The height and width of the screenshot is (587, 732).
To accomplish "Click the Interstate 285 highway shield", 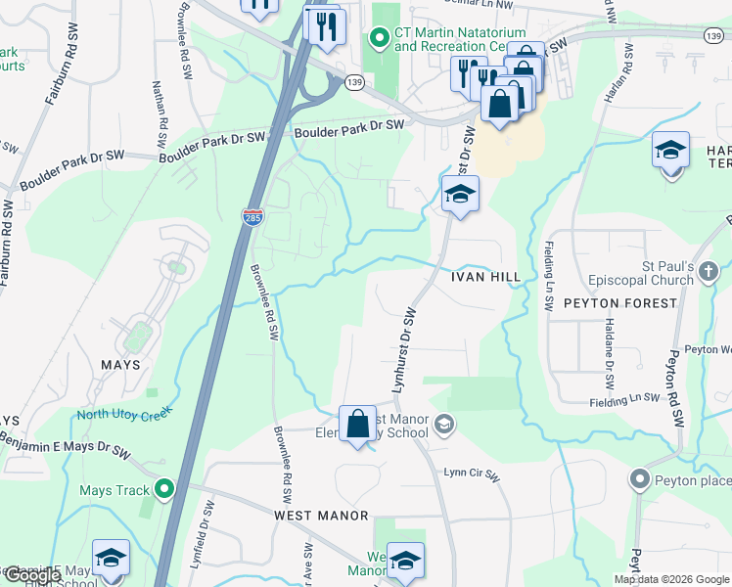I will tap(251, 217).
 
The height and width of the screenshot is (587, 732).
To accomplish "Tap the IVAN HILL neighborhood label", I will tap(485, 277).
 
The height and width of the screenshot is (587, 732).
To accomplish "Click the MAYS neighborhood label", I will tap(120, 365).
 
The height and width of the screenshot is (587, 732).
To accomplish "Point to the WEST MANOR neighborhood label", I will tap(321, 515).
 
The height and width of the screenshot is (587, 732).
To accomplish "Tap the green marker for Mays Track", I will tap(164, 488).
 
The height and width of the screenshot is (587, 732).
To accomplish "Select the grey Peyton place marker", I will tap(641, 479).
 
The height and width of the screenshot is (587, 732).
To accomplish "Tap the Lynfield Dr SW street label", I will tap(207, 528).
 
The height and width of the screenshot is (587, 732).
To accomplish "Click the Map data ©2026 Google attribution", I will tap(671, 579).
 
